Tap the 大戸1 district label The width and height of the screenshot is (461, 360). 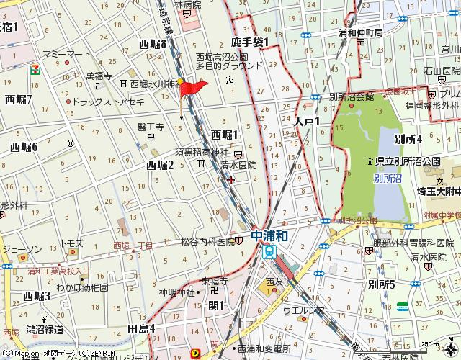pyautogui.click(x=306, y=122)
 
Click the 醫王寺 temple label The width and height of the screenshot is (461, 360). pyautogui.click(x=151, y=127)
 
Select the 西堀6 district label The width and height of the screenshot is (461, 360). pyautogui.click(x=24, y=147)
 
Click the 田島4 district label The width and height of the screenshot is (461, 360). pyautogui.click(x=141, y=328)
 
